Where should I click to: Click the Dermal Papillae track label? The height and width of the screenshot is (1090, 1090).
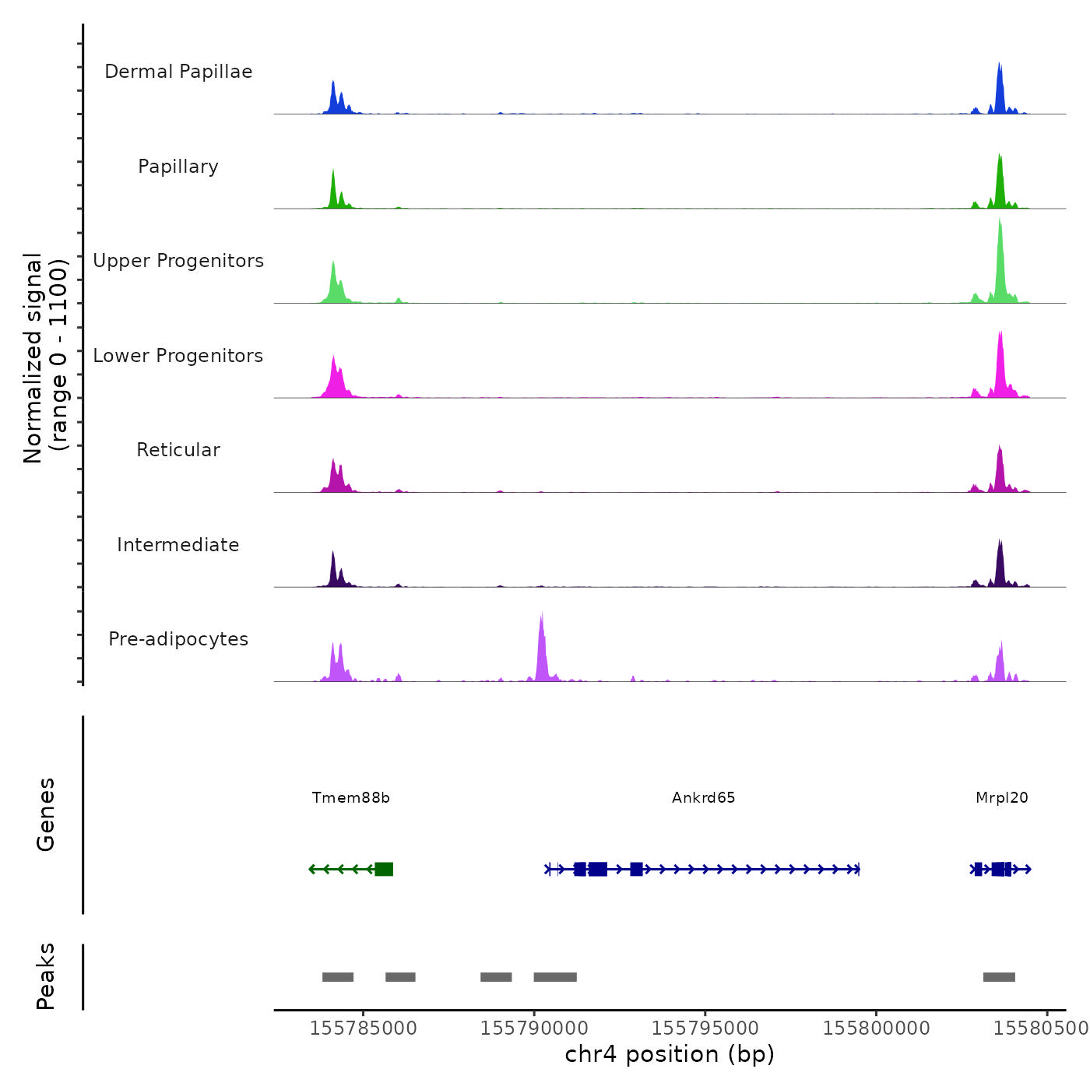[x=178, y=72]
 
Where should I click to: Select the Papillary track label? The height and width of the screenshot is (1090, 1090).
[x=178, y=167]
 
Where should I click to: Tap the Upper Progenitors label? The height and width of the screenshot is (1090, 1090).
[x=178, y=261]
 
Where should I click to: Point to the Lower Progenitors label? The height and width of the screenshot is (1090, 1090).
[x=178, y=356]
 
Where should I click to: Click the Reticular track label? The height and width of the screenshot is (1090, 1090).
[x=178, y=450]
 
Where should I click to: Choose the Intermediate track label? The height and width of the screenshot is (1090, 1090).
[x=178, y=545]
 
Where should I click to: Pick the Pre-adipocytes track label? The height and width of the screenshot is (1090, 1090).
[x=178, y=639]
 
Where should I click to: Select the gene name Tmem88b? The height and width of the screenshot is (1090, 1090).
[x=350, y=798]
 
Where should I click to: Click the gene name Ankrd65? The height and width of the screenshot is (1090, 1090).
[x=703, y=798]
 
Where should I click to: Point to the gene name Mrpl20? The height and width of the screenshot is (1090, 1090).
[x=1001, y=798]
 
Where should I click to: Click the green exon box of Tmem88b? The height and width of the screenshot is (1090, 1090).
[x=384, y=869]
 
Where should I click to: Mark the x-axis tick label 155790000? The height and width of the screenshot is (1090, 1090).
[x=534, y=1028]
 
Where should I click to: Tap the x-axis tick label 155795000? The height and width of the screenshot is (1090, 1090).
[x=705, y=1028]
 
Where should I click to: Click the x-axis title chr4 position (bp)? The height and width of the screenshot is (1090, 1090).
[x=670, y=1054]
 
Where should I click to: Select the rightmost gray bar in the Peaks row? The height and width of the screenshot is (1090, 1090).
[x=999, y=977]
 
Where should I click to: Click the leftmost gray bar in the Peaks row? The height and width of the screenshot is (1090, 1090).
[x=338, y=977]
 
